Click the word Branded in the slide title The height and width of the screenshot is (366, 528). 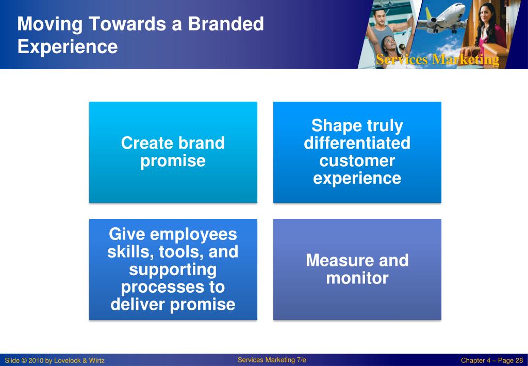(226, 24)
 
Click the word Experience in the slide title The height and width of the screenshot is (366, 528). (68, 46)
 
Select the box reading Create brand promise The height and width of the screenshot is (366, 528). (173, 152)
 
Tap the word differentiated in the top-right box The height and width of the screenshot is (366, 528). (357, 143)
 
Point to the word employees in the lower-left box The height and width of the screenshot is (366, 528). (194, 234)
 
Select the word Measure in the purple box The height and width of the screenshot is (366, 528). (338, 260)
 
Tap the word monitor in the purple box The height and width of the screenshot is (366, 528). (357, 278)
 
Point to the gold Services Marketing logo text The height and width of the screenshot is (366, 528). (437, 60)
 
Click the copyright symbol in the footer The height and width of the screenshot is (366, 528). (24, 361)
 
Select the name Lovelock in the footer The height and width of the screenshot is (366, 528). (67, 361)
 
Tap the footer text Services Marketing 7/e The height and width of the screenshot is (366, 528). (272, 360)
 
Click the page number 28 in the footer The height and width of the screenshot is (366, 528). (519, 361)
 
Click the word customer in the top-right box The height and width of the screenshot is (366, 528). (357, 161)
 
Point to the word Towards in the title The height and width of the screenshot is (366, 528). (128, 24)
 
